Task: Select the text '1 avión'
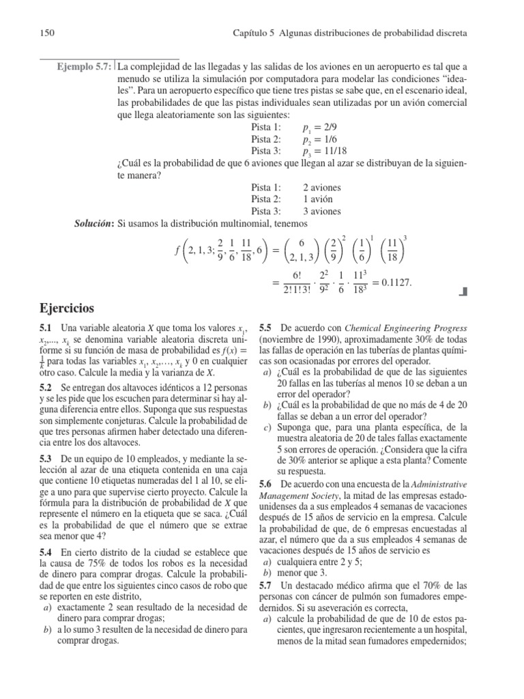(x=318, y=199)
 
